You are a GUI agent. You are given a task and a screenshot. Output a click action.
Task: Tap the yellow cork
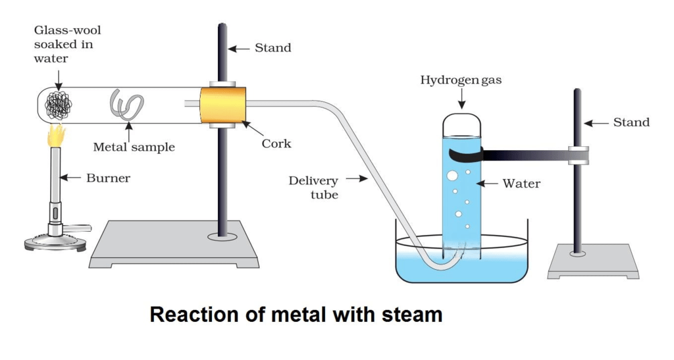(x=223, y=105)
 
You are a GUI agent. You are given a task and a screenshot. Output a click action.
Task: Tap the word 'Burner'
(x=109, y=178)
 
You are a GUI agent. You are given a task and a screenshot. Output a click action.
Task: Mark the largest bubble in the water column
(x=452, y=176)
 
